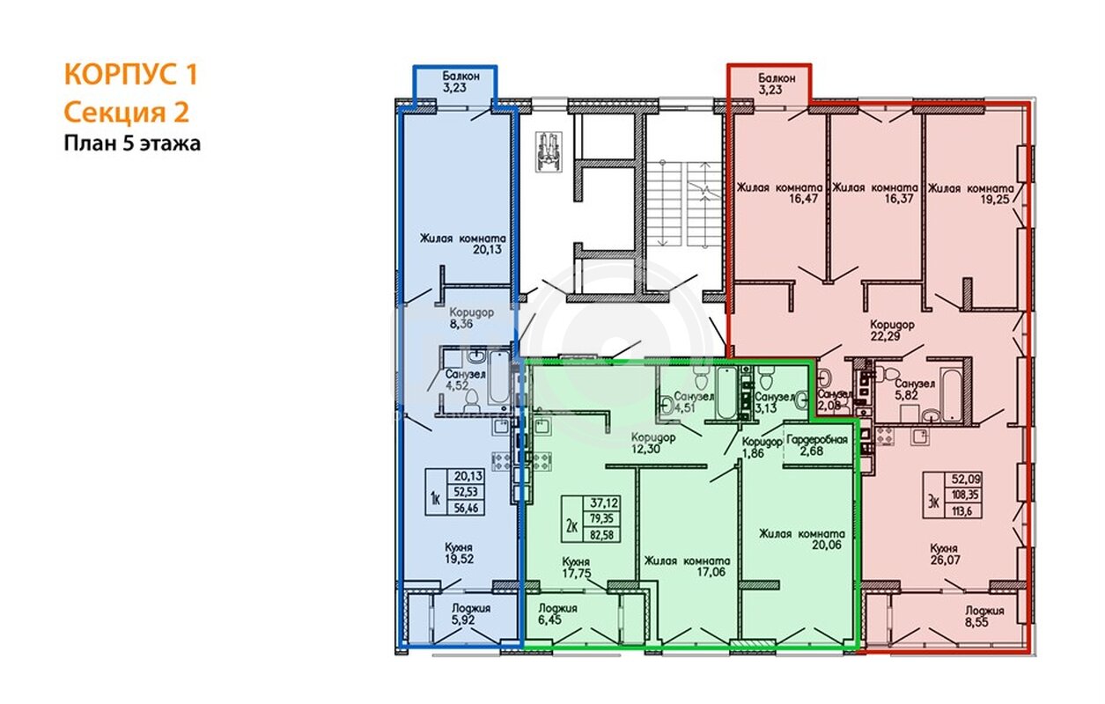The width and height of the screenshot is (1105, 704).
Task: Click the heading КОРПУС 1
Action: (130, 75)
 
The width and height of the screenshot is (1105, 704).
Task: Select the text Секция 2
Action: (126, 113)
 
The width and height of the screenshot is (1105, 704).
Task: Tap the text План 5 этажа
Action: (132, 143)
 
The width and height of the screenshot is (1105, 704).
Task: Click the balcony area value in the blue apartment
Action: (454, 88)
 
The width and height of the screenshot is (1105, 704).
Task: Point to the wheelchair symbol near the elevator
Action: (549, 151)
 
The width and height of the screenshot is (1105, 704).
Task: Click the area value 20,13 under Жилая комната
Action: (488, 249)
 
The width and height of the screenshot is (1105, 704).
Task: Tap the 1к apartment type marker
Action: (435, 499)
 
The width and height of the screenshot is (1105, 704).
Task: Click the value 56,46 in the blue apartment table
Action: (466, 508)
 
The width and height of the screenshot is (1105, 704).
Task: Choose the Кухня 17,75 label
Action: (576, 568)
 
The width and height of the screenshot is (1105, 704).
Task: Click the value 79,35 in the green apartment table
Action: (602, 518)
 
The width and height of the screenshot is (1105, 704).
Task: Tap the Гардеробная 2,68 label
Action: (817, 444)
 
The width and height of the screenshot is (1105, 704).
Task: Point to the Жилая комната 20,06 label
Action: (801, 539)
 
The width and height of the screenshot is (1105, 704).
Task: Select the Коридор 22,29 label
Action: (892, 330)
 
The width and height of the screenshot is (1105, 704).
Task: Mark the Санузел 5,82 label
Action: (915, 390)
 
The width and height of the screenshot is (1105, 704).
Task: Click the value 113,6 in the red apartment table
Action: (962, 510)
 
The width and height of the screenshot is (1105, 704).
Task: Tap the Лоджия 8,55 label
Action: (984, 616)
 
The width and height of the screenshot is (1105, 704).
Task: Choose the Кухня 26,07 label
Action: (944, 554)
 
